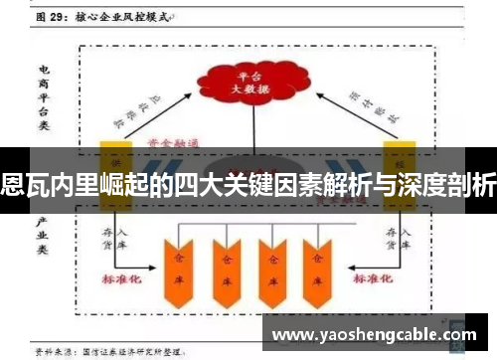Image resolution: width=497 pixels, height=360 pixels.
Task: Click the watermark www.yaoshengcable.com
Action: point(375,335)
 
